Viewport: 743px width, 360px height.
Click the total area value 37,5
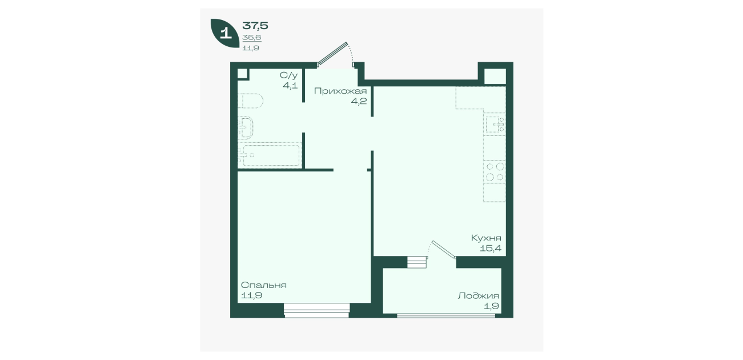pyautogui.click(x=255, y=26)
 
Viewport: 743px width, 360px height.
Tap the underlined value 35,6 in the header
pyautogui.click(x=252, y=38)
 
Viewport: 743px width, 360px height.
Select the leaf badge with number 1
pyautogui.click(x=225, y=33)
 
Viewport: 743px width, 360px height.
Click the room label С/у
pyautogui.click(x=288, y=75)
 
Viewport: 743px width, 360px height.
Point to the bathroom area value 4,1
pyautogui.click(x=290, y=86)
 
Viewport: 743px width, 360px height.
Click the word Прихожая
pyautogui.click(x=340, y=91)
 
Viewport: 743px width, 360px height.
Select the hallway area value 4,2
pyautogui.click(x=359, y=101)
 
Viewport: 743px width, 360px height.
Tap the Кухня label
pyautogui.click(x=486, y=238)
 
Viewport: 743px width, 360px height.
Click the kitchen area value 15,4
pyautogui.click(x=491, y=248)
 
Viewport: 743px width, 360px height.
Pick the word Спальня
pyautogui.click(x=264, y=285)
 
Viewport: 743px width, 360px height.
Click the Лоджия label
pyautogui.click(x=479, y=295)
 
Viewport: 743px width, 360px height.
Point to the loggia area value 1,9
pyautogui.click(x=491, y=306)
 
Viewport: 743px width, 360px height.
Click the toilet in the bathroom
pyautogui.click(x=251, y=101)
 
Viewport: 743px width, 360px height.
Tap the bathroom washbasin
pyautogui.click(x=246, y=127)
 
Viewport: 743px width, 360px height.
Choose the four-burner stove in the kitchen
pyautogui.click(x=495, y=172)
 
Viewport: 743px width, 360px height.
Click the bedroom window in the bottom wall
pyautogui.click(x=317, y=310)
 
